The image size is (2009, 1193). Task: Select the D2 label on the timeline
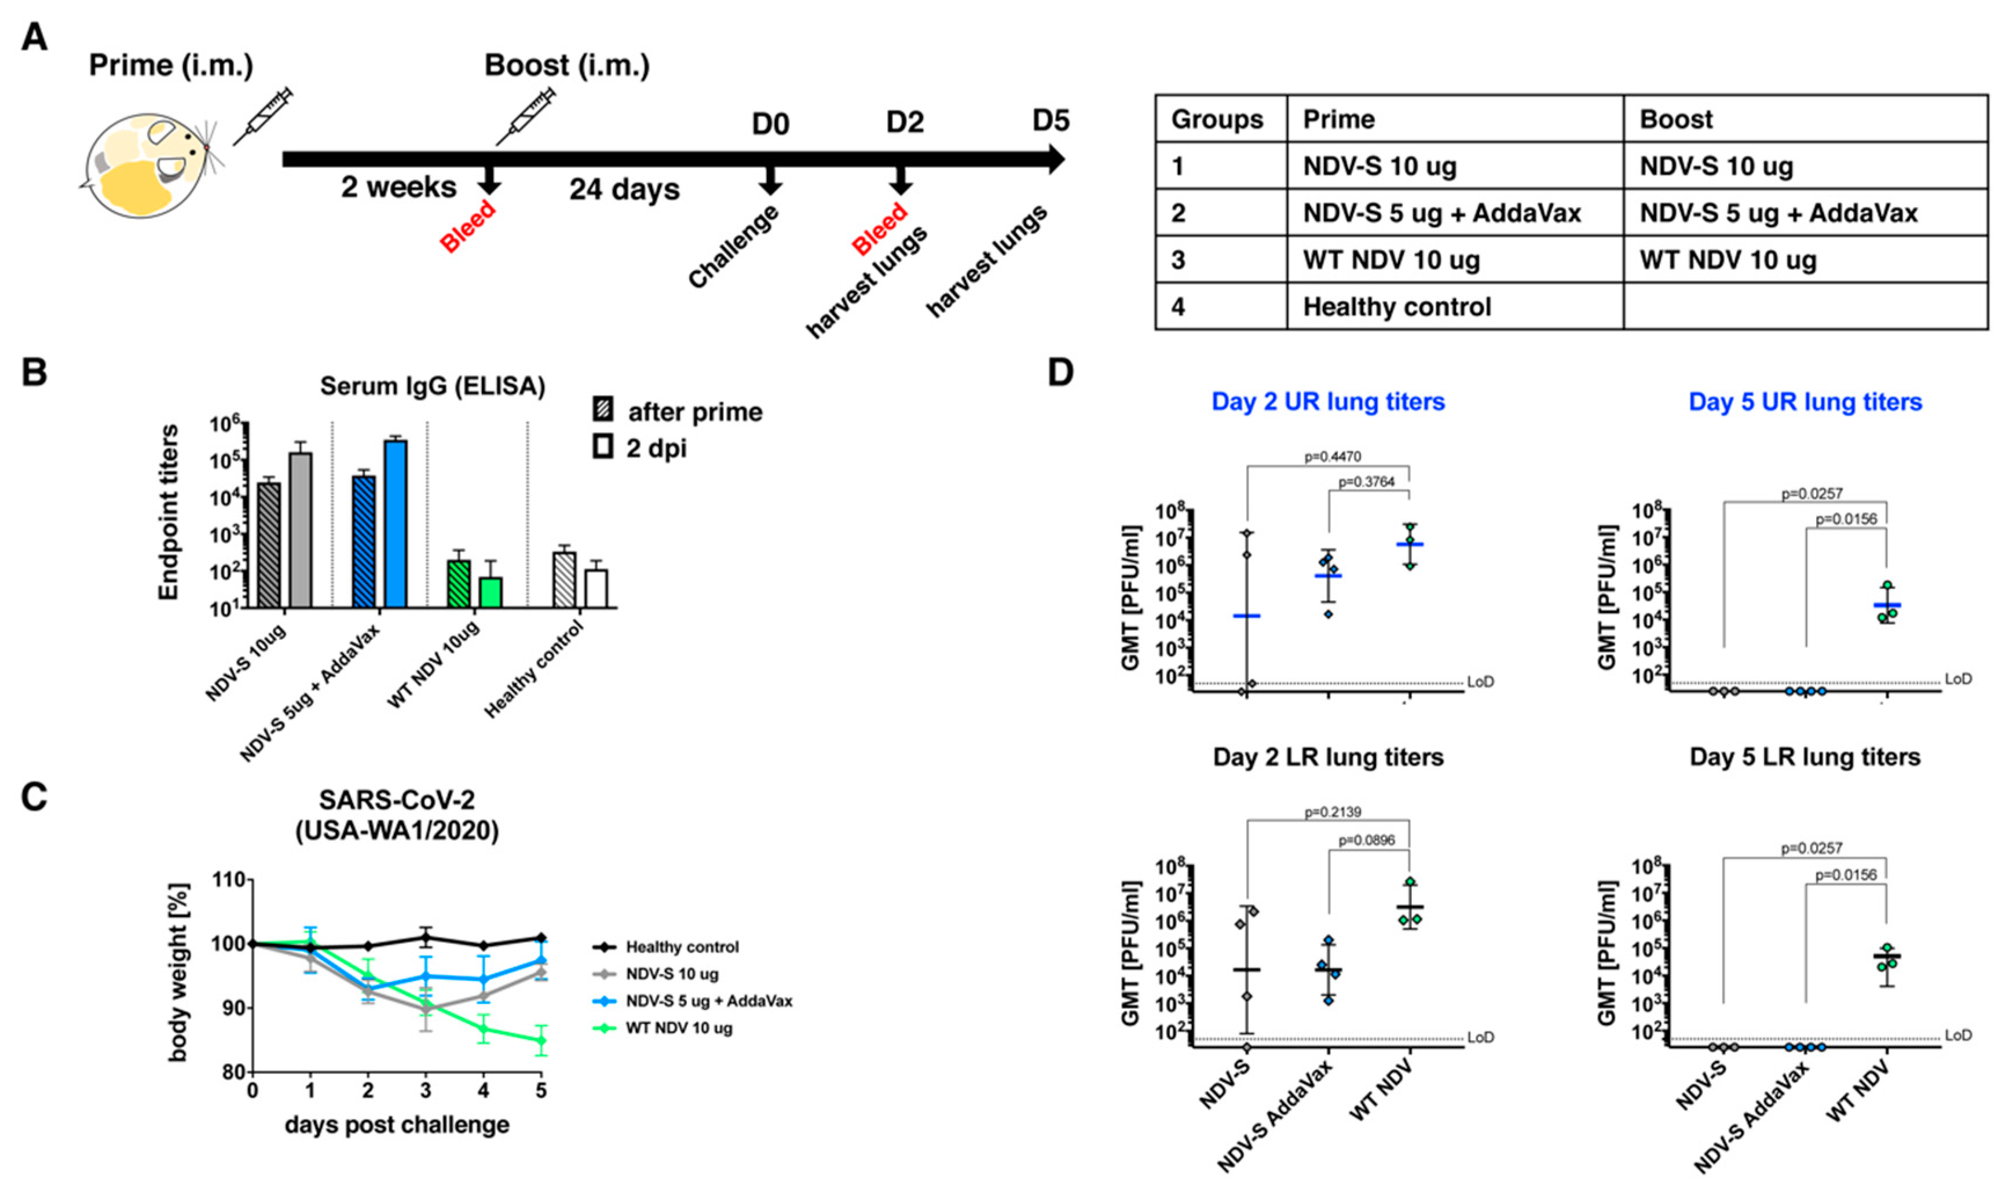(x=905, y=122)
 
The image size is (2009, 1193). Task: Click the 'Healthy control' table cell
(x=1396, y=307)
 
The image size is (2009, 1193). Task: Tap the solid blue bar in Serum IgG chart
(x=396, y=524)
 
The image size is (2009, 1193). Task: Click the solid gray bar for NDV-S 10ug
(x=300, y=530)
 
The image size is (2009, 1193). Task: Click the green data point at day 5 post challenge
(x=541, y=1040)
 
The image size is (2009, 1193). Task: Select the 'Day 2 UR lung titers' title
(x=1327, y=402)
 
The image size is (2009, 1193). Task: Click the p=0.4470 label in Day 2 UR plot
(x=1332, y=456)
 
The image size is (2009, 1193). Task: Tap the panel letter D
(x=1060, y=373)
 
